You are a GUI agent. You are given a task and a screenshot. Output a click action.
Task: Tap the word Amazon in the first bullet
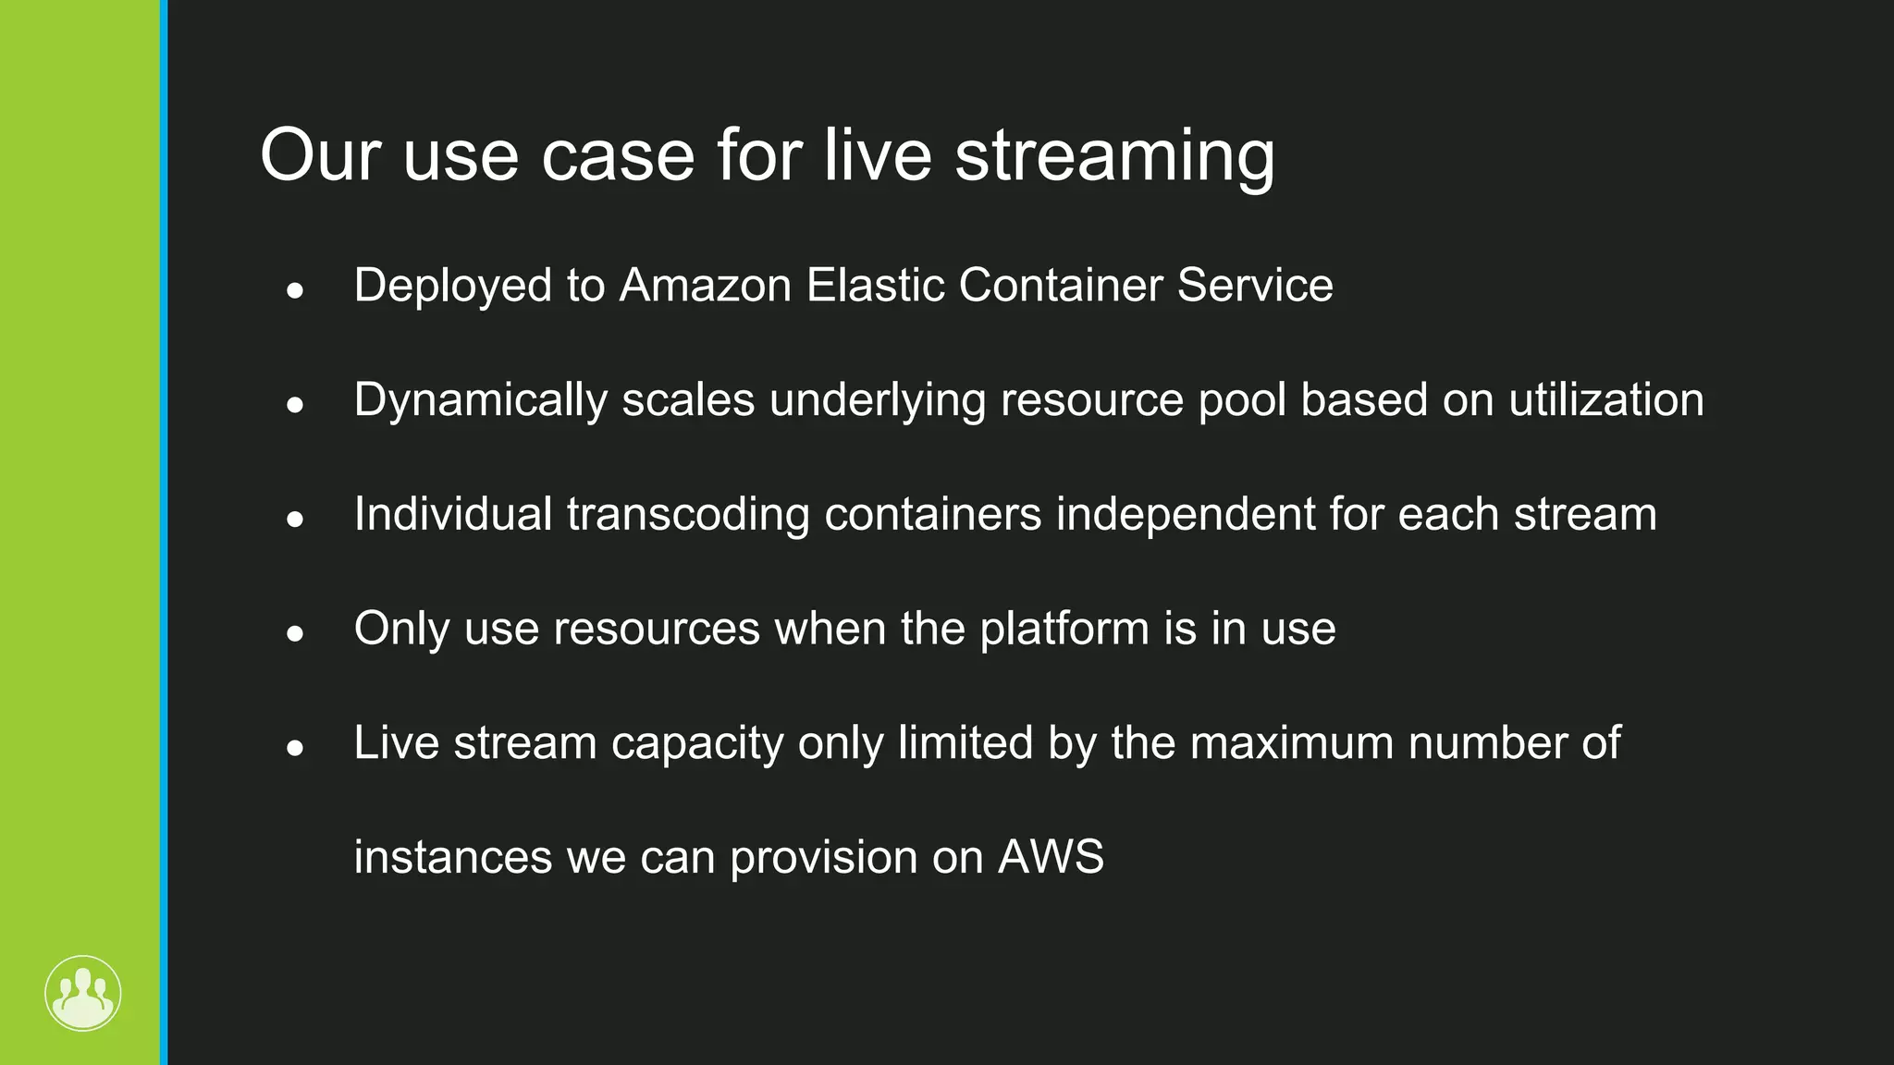[x=706, y=285]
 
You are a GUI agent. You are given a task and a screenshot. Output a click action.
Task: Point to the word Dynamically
[x=480, y=400]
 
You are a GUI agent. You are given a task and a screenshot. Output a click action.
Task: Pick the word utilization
[x=1606, y=399]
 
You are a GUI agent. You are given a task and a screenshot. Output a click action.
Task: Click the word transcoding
[x=688, y=515]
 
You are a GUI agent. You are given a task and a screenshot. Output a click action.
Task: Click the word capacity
[x=697, y=744]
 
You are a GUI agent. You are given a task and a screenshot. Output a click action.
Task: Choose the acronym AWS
[x=1051, y=857]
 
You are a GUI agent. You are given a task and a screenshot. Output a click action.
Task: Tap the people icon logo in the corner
[x=83, y=993]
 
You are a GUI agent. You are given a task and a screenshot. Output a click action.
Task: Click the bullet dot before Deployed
[x=295, y=290]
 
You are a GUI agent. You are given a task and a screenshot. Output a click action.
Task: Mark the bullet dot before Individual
[x=295, y=520]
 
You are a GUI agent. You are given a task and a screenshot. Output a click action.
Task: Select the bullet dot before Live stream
[x=295, y=748]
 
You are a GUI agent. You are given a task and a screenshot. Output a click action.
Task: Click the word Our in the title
[x=320, y=155]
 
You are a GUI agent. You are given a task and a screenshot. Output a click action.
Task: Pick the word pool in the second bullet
[x=1242, y=400]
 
